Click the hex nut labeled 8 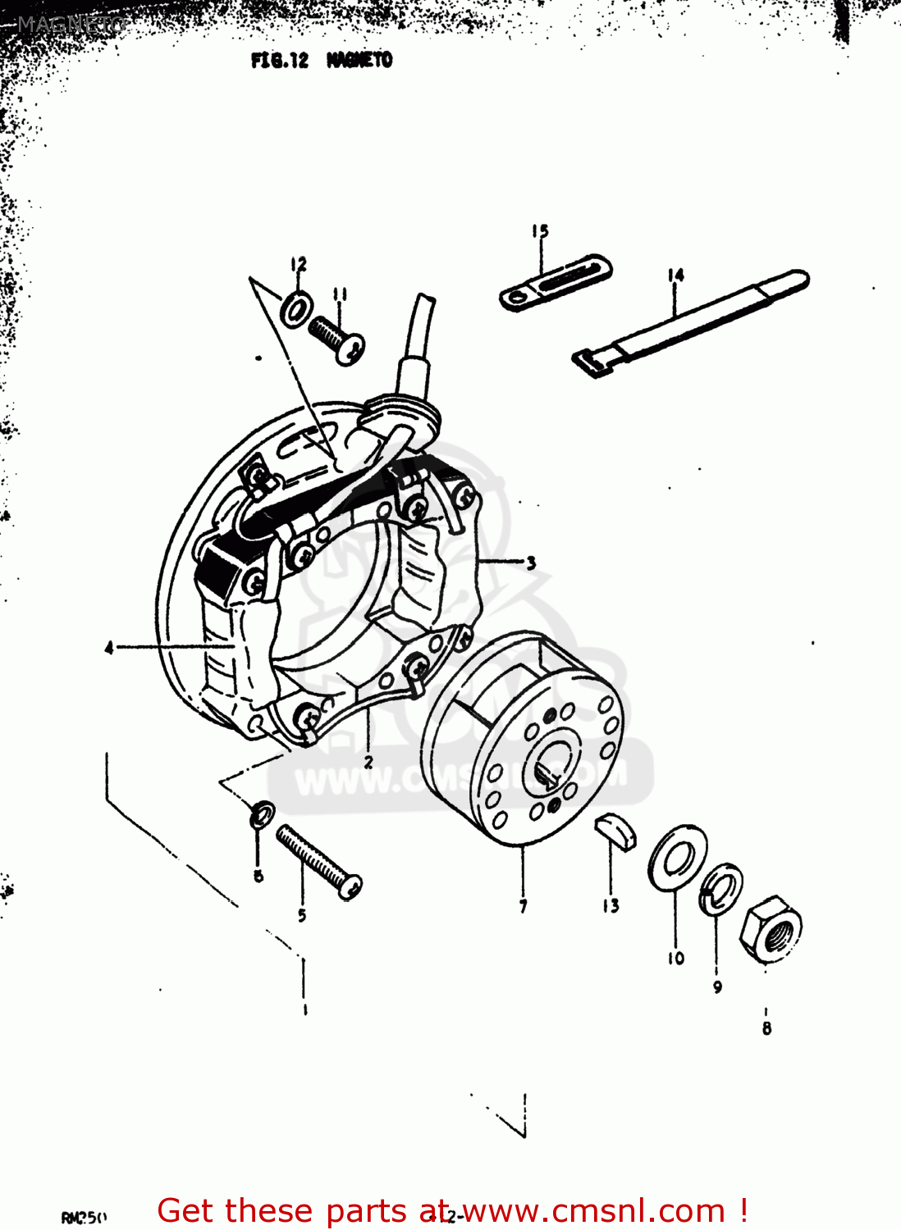pyautogui.click(x=770, y=928)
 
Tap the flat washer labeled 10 pyautogui.click(x=677, y=855)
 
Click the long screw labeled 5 pyautogui.click(x=318, y=861)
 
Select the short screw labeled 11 pyautogui.click(x=337, y=338)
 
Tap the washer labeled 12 pyautogui.click(x=296, y=307)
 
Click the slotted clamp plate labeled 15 pyautogui.click(x=556, y=281)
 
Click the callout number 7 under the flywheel pyautogui.click(x=523, y=906)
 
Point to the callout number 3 pyautogui.click(x=531, y=563)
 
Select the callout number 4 pyautogui.click(x=109, y=648)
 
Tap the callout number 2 pyautogui.click(x=368, y=762)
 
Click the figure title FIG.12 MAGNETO pyautogui.click(x=322, y=60)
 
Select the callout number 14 pyautogui.click(x=675, y=275)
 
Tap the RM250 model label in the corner pyautogui.click(x=84, y=1217)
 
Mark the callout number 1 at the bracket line pyautogui.click(x=304, y=1009)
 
